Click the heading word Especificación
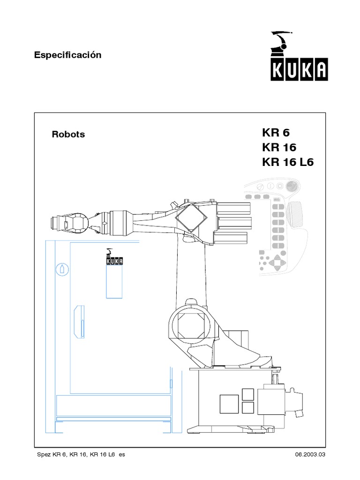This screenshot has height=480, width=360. [68, 55]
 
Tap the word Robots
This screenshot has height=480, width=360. [68, 134]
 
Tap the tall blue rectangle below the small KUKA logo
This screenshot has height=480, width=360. [114, 281]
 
